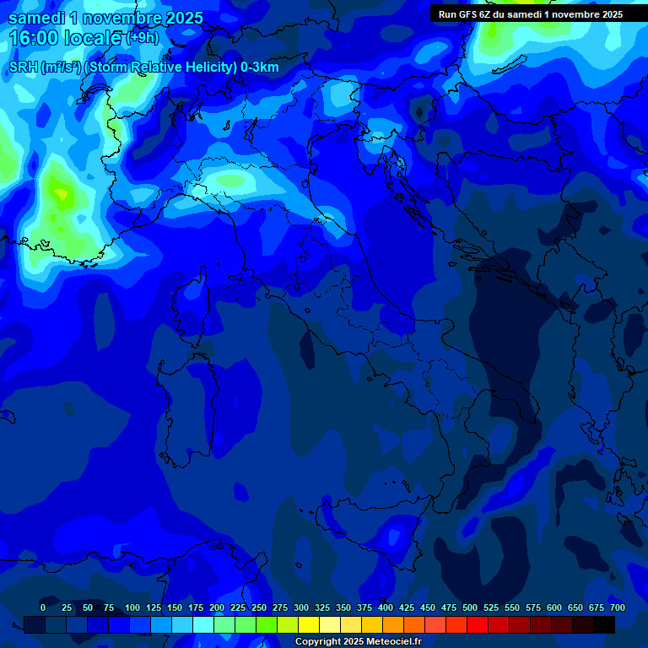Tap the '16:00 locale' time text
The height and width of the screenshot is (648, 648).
64,38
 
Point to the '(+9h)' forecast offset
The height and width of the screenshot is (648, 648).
142,38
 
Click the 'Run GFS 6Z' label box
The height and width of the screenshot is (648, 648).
531,14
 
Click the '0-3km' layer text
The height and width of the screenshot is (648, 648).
260,67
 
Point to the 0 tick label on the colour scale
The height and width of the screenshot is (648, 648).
43,607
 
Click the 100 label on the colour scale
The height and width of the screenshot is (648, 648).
132,607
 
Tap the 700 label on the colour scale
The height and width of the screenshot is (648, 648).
618,607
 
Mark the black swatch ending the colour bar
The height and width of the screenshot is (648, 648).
604,624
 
